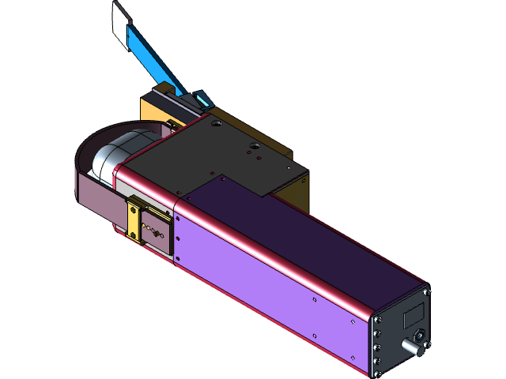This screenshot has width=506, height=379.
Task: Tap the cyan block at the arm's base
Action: coord(201,99)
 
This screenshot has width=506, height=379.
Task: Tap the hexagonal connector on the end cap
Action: coord(422,336)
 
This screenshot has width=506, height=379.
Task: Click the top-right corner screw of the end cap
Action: coord(428,291)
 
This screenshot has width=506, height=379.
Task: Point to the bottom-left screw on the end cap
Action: coord(376,362)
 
